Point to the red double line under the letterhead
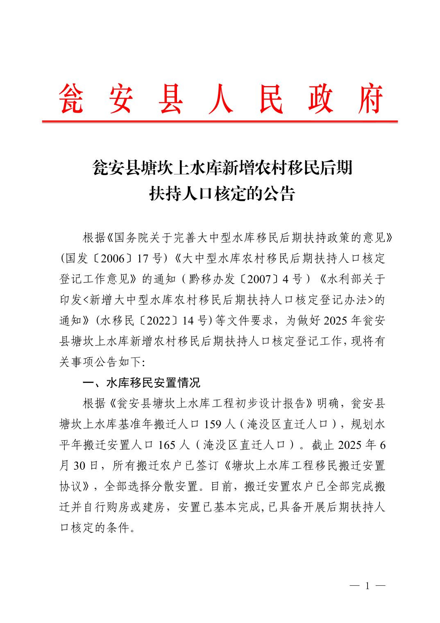(x=220, y=121)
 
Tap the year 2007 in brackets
(x=260, y=280)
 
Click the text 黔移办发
(x=213, y=280)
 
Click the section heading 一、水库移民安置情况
(x=141, y=383)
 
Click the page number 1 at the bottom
(x=367, y=586)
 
